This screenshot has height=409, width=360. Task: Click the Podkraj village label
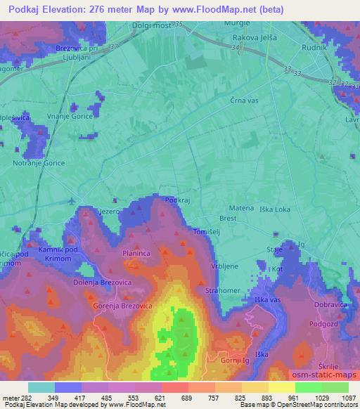177,200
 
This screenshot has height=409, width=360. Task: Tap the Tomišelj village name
207,231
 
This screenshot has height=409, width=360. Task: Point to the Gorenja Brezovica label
122,307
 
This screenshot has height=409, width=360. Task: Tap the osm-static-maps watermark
324,373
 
